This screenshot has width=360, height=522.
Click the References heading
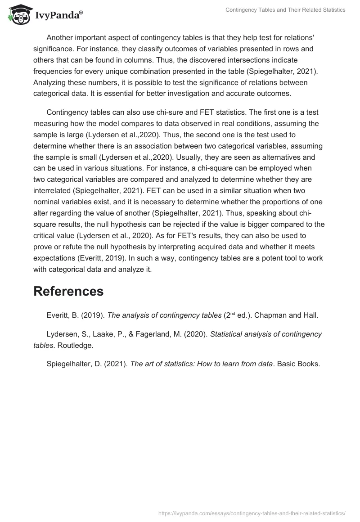pos(68,291)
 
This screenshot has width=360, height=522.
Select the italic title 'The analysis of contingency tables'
pos(164,315)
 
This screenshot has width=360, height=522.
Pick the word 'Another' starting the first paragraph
pos(60,37)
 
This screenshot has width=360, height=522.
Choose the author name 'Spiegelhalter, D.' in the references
pos(74,364)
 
